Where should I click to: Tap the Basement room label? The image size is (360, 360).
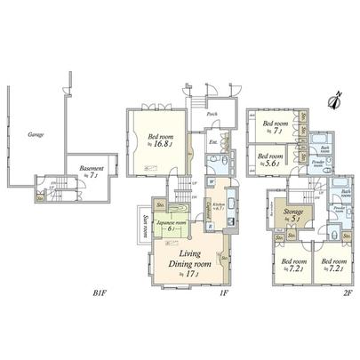coord(92,170)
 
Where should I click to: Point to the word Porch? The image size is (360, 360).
coord(212,115)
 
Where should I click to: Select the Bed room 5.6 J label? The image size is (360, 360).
coord(270,158)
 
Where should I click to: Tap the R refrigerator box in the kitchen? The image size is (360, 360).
coord(209,226)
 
